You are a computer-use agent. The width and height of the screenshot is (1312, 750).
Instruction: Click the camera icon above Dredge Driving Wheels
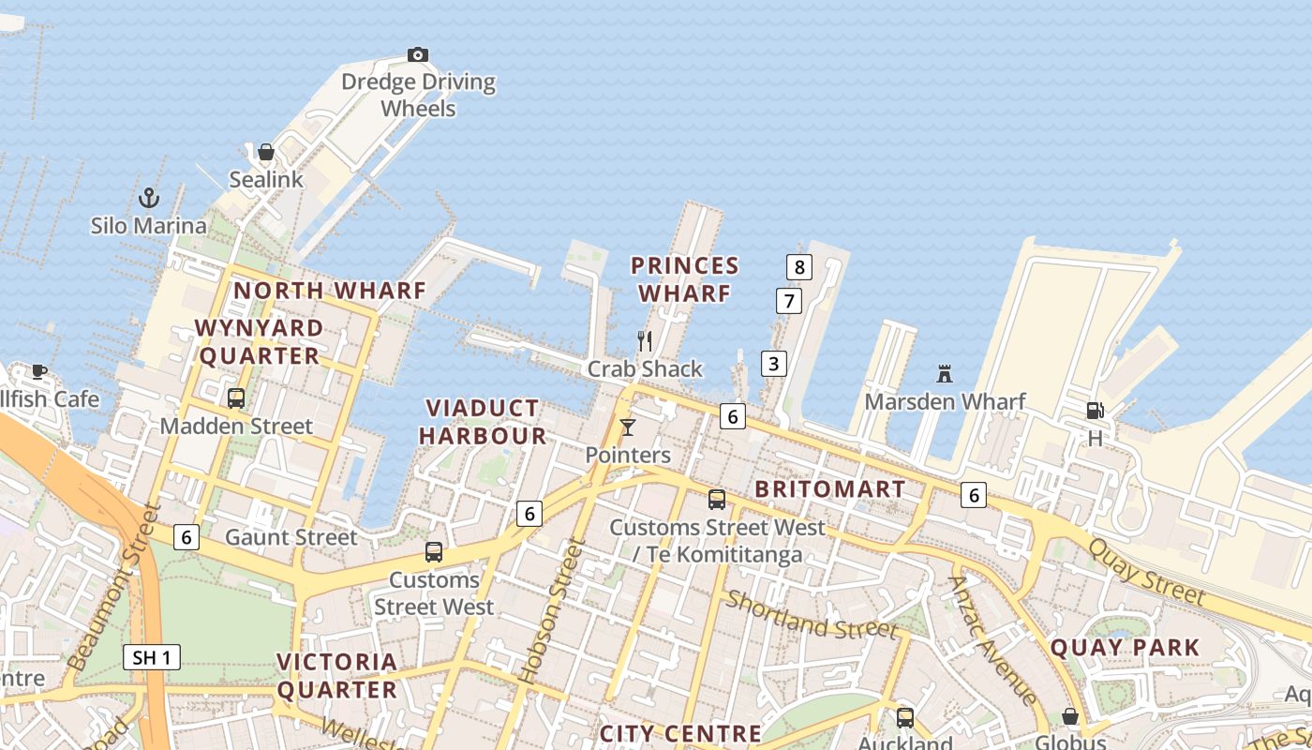tap(418, 54)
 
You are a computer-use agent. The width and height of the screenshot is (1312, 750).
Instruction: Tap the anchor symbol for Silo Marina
tap(148, 198)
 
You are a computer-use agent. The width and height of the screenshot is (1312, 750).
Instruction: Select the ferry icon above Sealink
tap(266, 152)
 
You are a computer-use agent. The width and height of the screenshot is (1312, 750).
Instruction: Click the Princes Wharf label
tap(685, 279)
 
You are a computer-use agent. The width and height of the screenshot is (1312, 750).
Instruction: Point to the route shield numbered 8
tap(798, 267)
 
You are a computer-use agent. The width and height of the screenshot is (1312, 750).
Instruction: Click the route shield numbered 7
tap(789, 301)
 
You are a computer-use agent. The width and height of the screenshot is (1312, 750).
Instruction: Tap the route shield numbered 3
tap(773, 364)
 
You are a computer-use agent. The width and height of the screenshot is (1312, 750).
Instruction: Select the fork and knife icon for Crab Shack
tap(644, 340)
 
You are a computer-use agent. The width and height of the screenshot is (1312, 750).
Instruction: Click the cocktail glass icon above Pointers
tap(628, 427)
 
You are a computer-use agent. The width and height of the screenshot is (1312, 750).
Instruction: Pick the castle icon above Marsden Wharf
tap(945, 374)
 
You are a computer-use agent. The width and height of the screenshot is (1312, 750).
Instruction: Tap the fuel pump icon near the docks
tap(1095, 411)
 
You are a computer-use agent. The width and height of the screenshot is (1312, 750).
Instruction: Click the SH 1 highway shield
tap(151, 657)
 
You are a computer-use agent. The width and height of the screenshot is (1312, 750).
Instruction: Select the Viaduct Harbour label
tap(483, 422)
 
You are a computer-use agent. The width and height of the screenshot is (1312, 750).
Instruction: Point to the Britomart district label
tap(830, 489)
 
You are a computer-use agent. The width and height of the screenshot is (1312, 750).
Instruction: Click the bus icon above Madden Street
tap(236, 397)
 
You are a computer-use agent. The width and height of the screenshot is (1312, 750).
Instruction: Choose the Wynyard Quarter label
tap(260, 342)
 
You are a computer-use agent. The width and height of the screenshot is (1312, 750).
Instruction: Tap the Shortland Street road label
tap(812, 615)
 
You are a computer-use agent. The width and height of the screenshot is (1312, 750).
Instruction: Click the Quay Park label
tap(1125, 647)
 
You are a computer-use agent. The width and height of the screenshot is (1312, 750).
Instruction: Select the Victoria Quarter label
tap(337, 676)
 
